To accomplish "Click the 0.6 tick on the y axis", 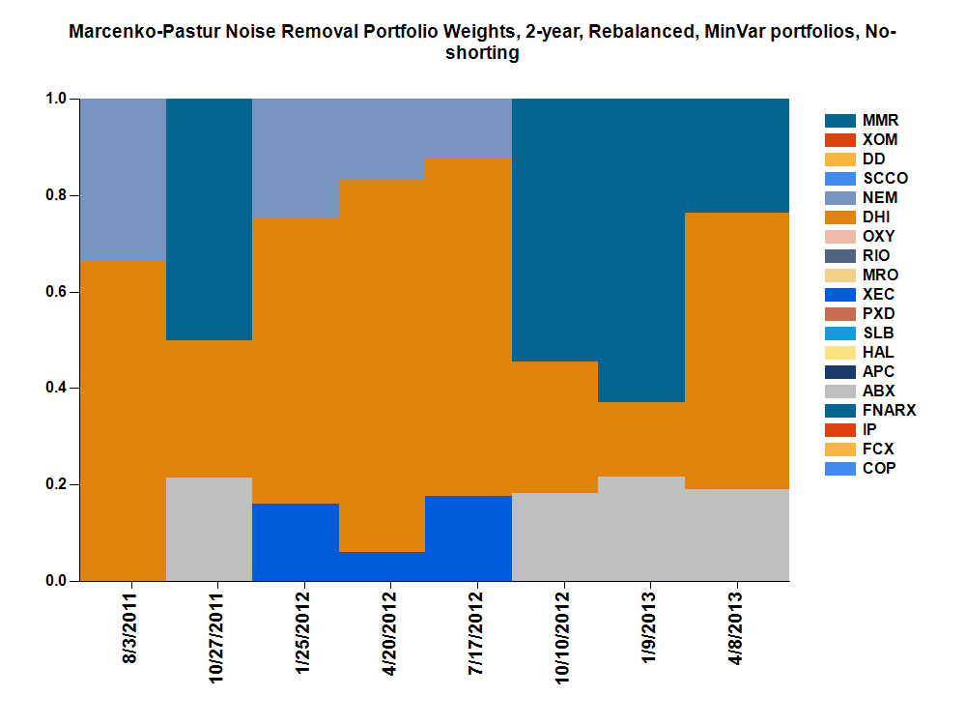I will point(56,292).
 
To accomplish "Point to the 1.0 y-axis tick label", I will point(56,99).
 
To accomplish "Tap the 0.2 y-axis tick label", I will point(56,485).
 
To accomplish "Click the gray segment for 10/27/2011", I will point(209,529).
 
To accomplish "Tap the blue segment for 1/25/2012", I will point(296,542).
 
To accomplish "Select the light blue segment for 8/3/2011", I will point(123,179).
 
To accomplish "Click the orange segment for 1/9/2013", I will point(642,439).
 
